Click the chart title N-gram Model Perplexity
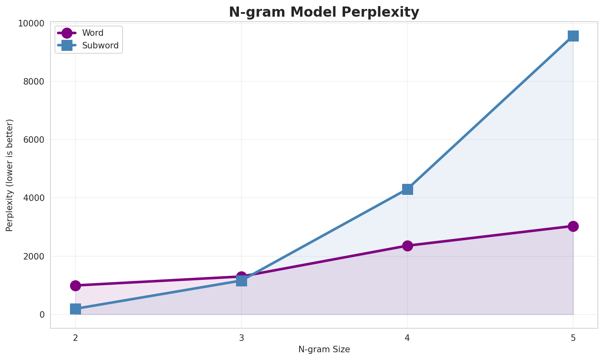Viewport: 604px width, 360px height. (x=324, y=12)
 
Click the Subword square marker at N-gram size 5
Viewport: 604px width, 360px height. (x=573, y=36)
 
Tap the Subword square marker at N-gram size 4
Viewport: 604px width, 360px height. (x=407, y=189)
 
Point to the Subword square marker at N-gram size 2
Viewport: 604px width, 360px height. (x=75, y=309)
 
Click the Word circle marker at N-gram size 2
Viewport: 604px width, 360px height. (x=75, y=286)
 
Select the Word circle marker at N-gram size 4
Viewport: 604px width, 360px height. (x=407, y=246)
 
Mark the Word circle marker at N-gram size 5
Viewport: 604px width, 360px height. (x=573, y=226)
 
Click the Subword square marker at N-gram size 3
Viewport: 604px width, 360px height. (x=241, y=281)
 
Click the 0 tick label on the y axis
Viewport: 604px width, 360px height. (x=42, y=315)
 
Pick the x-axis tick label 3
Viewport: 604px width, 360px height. (x=241, y=338)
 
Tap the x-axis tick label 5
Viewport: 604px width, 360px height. (x=573, y=338)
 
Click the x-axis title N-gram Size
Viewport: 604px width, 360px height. (x=324, y=349)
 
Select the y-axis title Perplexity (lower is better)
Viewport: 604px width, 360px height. (x=10, y=175)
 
